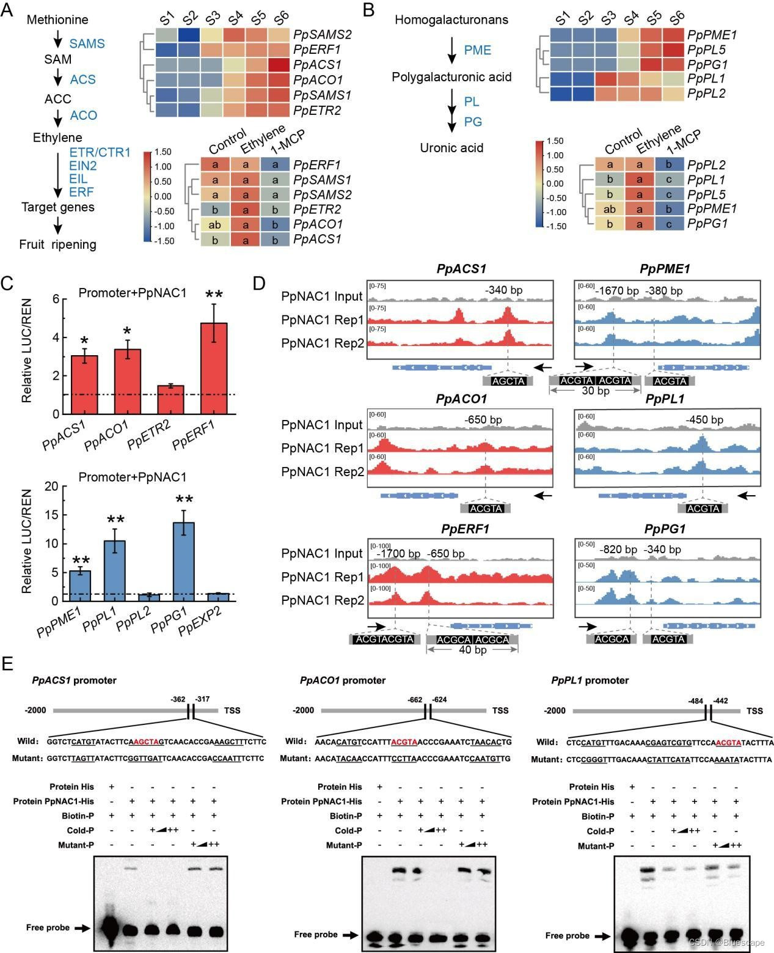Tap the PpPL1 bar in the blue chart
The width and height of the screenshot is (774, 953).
pos(114,570)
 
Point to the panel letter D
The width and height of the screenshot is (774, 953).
pos(259,283)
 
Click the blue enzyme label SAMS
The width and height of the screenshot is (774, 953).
pos(87,44)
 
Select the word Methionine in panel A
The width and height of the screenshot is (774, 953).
pos(57,20)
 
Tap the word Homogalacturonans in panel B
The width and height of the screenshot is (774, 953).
pos(451,20)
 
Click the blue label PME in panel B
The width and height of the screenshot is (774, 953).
pos(477,50)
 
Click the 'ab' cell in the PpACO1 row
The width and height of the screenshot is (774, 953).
pos(214,224)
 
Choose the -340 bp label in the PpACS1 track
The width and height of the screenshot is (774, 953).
pos(504,290)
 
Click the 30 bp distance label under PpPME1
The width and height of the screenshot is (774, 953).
pos(595,391)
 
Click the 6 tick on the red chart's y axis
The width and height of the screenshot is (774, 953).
pos(56,300)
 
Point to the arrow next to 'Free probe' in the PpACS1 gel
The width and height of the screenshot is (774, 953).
pos(81,928)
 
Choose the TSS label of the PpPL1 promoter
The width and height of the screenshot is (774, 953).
pos(754,711)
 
